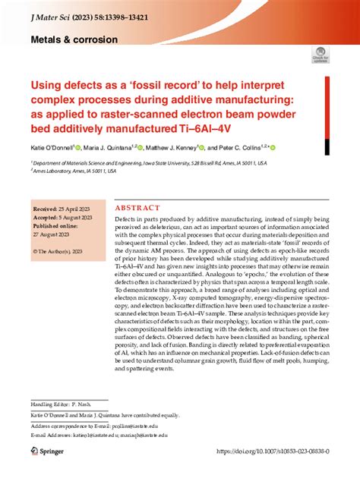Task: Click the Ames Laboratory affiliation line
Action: [74, 171]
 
